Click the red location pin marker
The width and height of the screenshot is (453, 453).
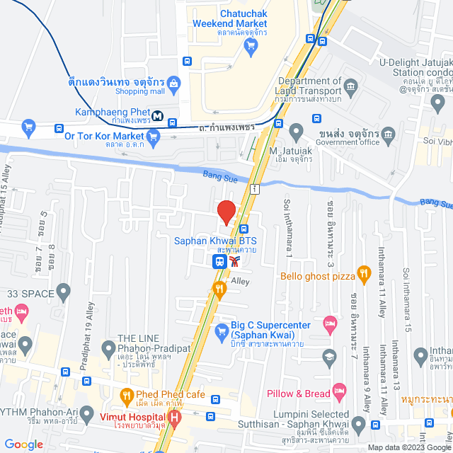point(226,212)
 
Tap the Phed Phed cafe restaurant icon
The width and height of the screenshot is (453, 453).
point(127,394)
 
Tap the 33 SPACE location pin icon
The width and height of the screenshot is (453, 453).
point(64,290)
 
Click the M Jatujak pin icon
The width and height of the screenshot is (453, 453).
point(297,131)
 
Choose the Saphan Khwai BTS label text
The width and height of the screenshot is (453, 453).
point(215,241)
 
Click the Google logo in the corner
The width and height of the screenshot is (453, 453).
point(23,444)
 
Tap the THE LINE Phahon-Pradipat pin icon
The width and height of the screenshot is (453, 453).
point(108,348)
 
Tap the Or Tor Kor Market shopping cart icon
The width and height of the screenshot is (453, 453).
point(29,127)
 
